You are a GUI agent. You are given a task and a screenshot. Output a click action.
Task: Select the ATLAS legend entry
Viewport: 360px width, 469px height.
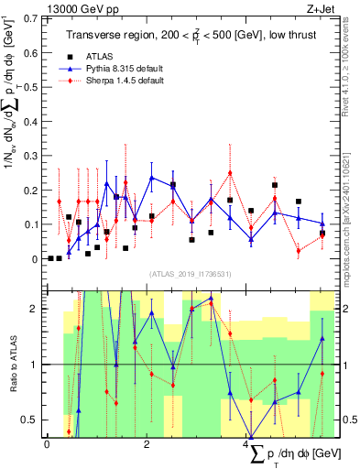tap(98, 57)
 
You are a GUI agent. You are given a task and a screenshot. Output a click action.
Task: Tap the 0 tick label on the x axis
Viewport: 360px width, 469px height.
tap(47, 443)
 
